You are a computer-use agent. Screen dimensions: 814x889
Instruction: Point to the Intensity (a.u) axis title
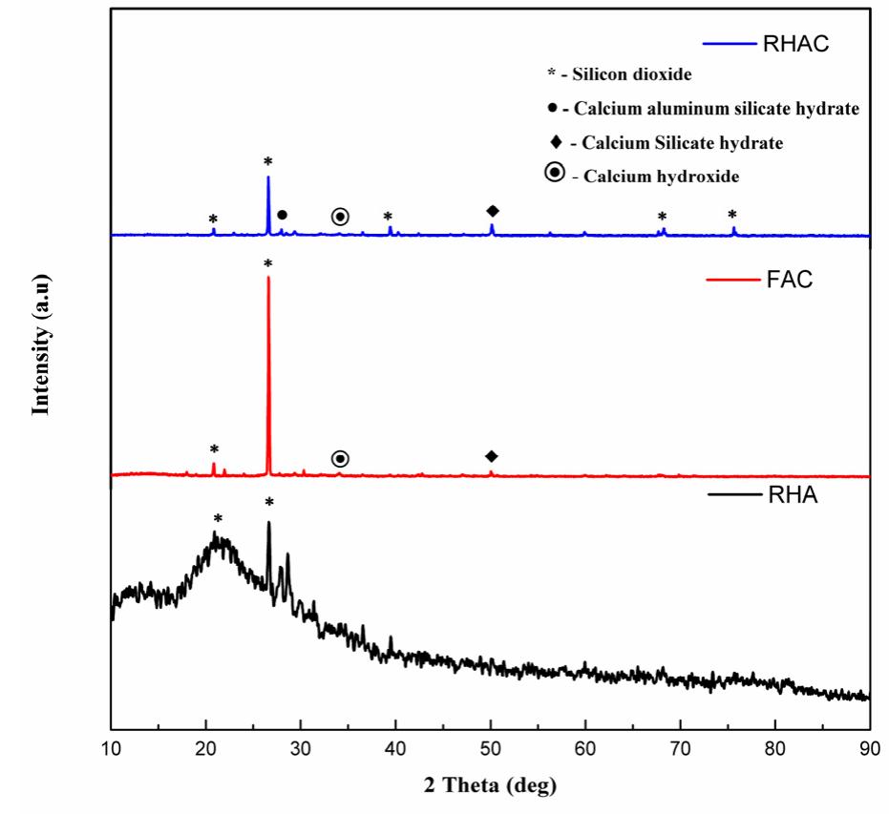[41, 344]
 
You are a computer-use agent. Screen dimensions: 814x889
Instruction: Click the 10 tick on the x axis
[112, 747]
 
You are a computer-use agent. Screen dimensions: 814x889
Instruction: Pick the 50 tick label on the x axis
[491, 747]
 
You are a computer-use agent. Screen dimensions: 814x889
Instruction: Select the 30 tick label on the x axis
[301, 747]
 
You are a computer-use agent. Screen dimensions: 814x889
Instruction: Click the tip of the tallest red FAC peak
[268, 278]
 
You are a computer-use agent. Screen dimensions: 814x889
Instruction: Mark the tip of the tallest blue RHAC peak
[268, 177]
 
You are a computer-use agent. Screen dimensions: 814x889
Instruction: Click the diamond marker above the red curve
[492, 456]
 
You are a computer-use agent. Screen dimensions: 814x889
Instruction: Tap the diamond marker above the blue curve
[493, 211]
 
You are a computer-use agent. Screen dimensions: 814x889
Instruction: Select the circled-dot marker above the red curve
[340, 459]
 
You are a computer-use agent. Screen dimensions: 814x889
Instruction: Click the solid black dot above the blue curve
[282, 215]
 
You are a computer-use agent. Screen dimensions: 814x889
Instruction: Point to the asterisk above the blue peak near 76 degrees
[732, 216]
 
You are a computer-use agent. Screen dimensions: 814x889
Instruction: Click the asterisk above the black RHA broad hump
[219, 520]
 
